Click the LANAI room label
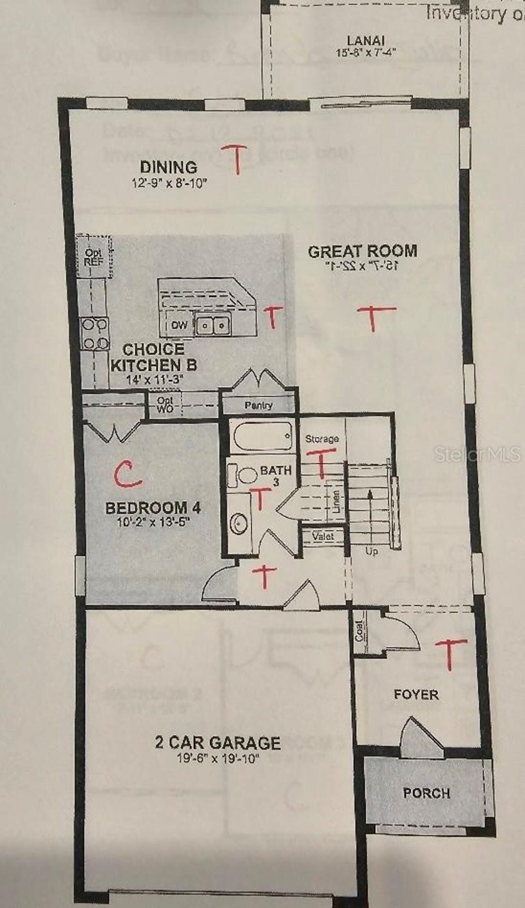click(x=365, y=41)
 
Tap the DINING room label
click(x=169, y=167)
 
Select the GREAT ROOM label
click(x=363, y=251)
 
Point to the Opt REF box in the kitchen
click(x=94, y=256)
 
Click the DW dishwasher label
click(x=179, y=325)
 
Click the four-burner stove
click(x=95, y=334)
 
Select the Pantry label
click(x=258, y=405)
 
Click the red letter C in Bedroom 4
click(x=128, y=474)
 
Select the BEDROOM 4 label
click(x=153, y=508)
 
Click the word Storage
click(x=322, y=439)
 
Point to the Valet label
click(x=323, y=536)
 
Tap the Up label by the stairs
click(x=371, y=551)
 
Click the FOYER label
click(x=416, y=695)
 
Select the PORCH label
click(x=427, y=793)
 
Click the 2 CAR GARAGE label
click(x=218, y=743)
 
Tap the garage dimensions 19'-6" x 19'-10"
click(x=219, y=758)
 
